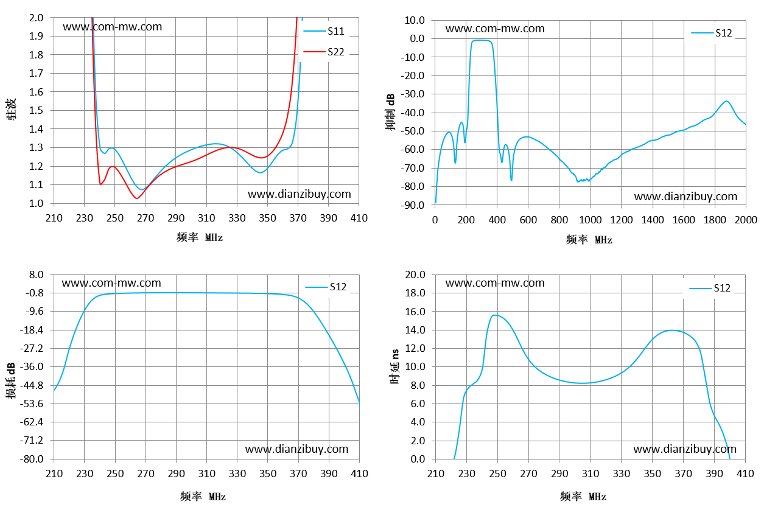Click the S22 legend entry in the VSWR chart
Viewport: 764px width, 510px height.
[x=324, y=52]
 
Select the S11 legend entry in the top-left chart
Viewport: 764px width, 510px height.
[x=324, y=31]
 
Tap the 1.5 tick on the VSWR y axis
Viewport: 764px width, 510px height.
[x=36, y=110]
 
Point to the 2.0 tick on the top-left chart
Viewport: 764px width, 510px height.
[x=36, y=18]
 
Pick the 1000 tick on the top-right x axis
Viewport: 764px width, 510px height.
[x=590, y=220]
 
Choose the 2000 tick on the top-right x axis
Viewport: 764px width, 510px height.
[x=746, y=220]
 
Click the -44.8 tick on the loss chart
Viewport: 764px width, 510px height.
[x=32, y=386]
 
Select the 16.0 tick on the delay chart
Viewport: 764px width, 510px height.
[x=415, y=312]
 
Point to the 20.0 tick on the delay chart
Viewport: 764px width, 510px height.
[x=415, y=274]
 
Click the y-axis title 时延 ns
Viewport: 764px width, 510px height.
[x=394, y=367]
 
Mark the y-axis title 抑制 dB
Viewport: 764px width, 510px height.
[x=391, y=112]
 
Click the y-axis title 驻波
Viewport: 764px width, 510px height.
[x=11, y=110]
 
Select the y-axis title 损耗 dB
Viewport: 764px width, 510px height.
[x=11, y=380]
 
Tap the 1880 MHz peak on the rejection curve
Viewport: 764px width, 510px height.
[x=726, y=101]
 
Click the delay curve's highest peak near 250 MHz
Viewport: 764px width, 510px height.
[x=496, y=315]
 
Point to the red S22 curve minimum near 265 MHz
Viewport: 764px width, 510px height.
[x=137, y=198]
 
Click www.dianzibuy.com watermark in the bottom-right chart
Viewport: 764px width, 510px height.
[x=685, y=449]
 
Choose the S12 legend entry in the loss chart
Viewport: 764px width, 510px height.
[x=326, y=287]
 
